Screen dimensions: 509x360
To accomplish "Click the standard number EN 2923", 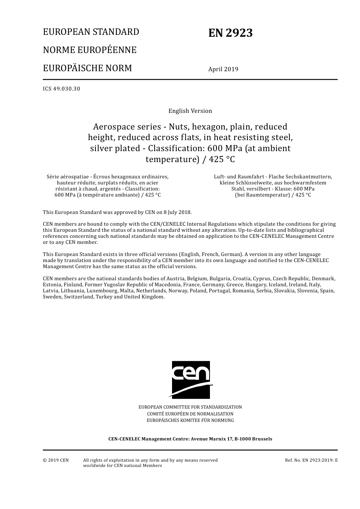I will pyautogui.click(x=230, y=33).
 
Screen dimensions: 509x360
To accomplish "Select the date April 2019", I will pyautogui.click(x=223, y=69).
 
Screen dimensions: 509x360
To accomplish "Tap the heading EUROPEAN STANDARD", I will pyautogui.click(x=91, y=32).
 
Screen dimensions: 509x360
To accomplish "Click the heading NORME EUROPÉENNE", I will pyautogui.click(x=89, y=50).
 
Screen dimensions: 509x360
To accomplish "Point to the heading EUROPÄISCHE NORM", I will pyautogui.click(x=88, y=68).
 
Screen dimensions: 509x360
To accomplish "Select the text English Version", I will pyautogui.click(x=190, y=111).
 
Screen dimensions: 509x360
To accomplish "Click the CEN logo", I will pyautogui.click(x=191, y=379).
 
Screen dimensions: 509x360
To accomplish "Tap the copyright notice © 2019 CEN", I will pyautogui.click(x=56, y=460).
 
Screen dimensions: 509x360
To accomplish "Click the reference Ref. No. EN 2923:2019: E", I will pyautogui.click(x=311, y=460).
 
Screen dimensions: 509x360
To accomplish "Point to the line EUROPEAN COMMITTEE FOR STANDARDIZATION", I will pyautogui.click(x=190, y=407).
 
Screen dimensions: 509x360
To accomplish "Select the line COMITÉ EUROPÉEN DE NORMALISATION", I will pyautogui.click(x=190, y=414).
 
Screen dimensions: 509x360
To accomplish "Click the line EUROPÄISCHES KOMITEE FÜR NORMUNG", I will pyautogui.click(x=190, y=420).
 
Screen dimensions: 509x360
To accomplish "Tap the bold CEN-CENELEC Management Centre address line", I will pyautogui.click(x=190, y=439).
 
